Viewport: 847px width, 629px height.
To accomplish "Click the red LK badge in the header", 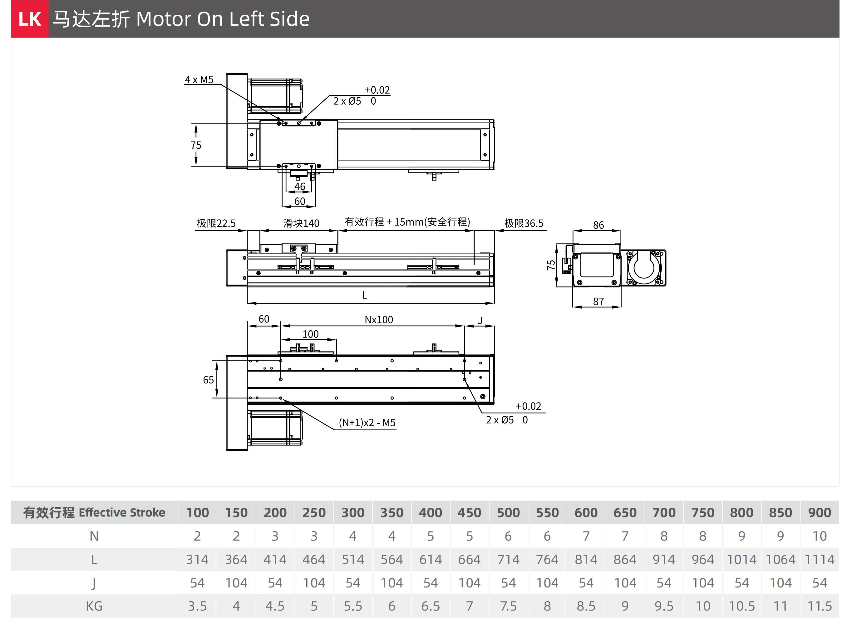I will click(29, 19).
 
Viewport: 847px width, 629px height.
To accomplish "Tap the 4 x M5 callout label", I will click(199, 80).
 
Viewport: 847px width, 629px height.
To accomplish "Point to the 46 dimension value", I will click(300, 187).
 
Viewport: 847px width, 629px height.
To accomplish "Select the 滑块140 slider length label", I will click(301, 223).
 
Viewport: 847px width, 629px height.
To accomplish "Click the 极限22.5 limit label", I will click(216, 223).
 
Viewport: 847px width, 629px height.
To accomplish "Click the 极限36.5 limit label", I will click(524, 223).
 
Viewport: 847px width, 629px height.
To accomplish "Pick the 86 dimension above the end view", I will click(598, 225).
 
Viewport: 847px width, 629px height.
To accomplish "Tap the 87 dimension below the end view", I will click(598, 302).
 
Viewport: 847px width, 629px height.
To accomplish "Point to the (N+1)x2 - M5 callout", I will click(367, 423).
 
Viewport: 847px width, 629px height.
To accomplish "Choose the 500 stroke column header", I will click(508, 512).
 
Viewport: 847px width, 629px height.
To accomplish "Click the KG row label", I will click(94, 606).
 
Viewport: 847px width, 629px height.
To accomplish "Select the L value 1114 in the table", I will click(819, 559).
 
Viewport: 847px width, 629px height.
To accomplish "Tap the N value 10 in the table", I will click(819, 536).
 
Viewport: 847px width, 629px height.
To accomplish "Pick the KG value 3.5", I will click(197, 606).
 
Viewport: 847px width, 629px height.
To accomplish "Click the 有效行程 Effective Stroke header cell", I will click(94, 512).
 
